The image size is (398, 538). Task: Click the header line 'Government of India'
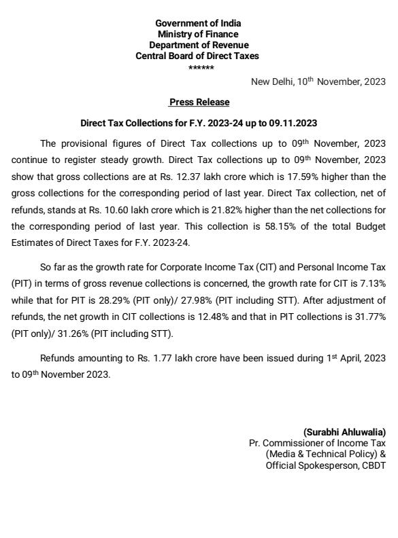pyautogui.click(x=198, y=24)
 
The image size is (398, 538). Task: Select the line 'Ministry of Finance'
pyautogui.click(x=198, y=35)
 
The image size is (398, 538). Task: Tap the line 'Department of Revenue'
pyautogui.click(x=198, y=46)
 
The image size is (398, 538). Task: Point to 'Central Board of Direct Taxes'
pyautogui.click(x=198, y=56)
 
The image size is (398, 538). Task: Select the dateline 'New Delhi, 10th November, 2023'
pyautogui.click(x=318, y=82)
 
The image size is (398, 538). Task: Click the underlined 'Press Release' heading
pyautogui.click(x=199, y=103)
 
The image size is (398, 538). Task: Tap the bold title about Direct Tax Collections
pyautogui.click(x=199, y=124)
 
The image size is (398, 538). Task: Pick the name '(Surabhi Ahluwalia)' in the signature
pyautogui.click(x=344, y=432)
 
